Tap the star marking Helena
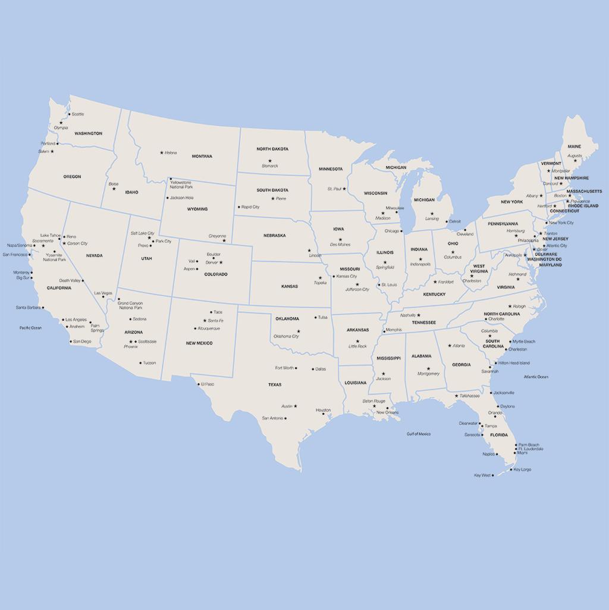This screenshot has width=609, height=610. click(x=161, y=152)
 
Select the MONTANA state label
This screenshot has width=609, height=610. click(x=202, y=157)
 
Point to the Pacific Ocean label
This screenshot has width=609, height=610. click(x=30, y=328)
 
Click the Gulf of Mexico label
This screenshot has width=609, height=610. click(x=419, y=434)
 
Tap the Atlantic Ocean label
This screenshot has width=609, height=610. click(x=536, y=377)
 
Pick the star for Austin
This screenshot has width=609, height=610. click(x=296, y=406)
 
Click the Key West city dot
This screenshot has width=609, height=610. click(x=493, y=476)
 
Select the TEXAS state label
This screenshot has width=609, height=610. click(x=275, y=385)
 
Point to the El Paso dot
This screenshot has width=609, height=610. click(x=199, y=384)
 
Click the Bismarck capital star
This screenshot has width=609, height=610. click(x=269, y=161)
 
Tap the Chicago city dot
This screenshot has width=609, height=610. click(x=401, y=231)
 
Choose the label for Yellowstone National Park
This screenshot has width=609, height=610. click(x=181, y=184)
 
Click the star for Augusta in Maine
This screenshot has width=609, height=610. click(x=575, y=161)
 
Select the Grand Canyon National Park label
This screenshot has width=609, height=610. click(x=130, y=305)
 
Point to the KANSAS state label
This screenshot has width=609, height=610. click(x=290, y=286)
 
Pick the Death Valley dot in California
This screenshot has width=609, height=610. click(x=83, y=280)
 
